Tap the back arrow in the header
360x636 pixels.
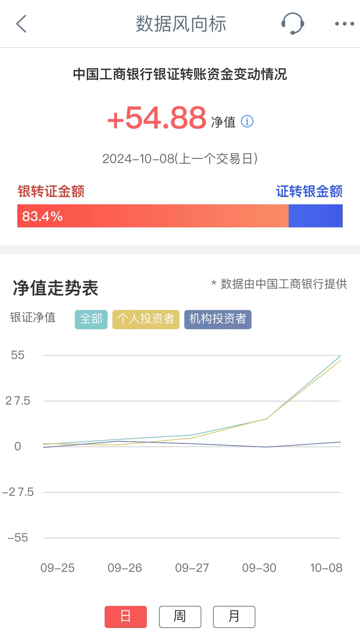pyautogui.click(x=21, y=24)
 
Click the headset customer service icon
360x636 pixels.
pyautogui.click(x=292, y=24)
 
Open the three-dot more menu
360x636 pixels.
pyautogui.click(x=344, y=24)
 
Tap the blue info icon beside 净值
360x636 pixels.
pyautogui.click(x=247, y=121)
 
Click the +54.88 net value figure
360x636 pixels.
pyautogui.click(x=157, y=118)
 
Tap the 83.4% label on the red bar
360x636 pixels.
pyautogui.click(x=42, y=216)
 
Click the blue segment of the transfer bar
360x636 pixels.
pyautogui.click(x=316, y=216)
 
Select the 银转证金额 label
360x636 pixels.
pyautogui.click(x=51, y=192)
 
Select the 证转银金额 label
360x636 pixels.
pyautogui.click(x=309, y=192)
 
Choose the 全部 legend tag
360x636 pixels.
pyautogui.click(x=91, y=319)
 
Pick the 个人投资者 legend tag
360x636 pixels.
pyautogui.click(x=146, y=319)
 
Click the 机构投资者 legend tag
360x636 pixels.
pyautogui.click(x=218, y=319)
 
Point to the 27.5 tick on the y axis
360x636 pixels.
pyautogui.click(x=18, y=401)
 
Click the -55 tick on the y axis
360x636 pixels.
pyautogui.click(x=18, y=538)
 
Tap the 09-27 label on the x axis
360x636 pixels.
pyautogui.click(x=192, y=568)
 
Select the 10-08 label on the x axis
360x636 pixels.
pyautogui.click(x=326, y=568)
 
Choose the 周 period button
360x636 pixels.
pyautogui.click(x=180, y=616)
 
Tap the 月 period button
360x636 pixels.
pyautogui.click(x=234, y=616)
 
